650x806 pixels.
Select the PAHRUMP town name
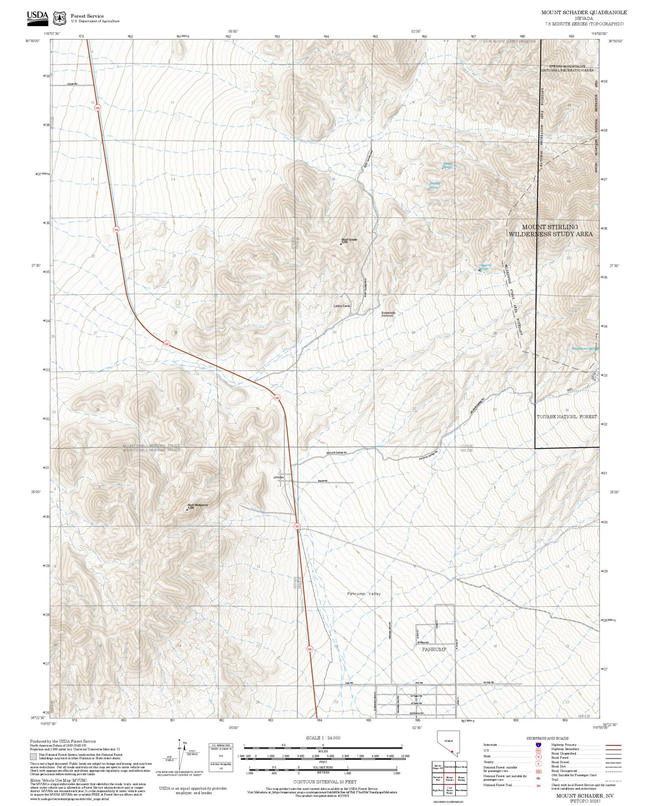point(434,649)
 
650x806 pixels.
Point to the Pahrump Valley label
point(364,593)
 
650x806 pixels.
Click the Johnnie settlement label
point(278,477)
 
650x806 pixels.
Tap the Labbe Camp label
point(341,306)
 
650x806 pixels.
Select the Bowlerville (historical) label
point(388,314)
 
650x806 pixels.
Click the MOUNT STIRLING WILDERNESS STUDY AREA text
point(550,230)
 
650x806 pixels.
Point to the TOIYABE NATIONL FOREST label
point(566,416)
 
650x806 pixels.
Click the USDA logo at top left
point(37,16)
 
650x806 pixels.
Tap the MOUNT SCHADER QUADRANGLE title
point(584,13)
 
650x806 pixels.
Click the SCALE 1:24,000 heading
point(323,738)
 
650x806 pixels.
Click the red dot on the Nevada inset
point(452,752)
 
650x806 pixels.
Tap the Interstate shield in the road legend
point(538,745)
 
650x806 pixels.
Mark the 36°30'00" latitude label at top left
point(33,41)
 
